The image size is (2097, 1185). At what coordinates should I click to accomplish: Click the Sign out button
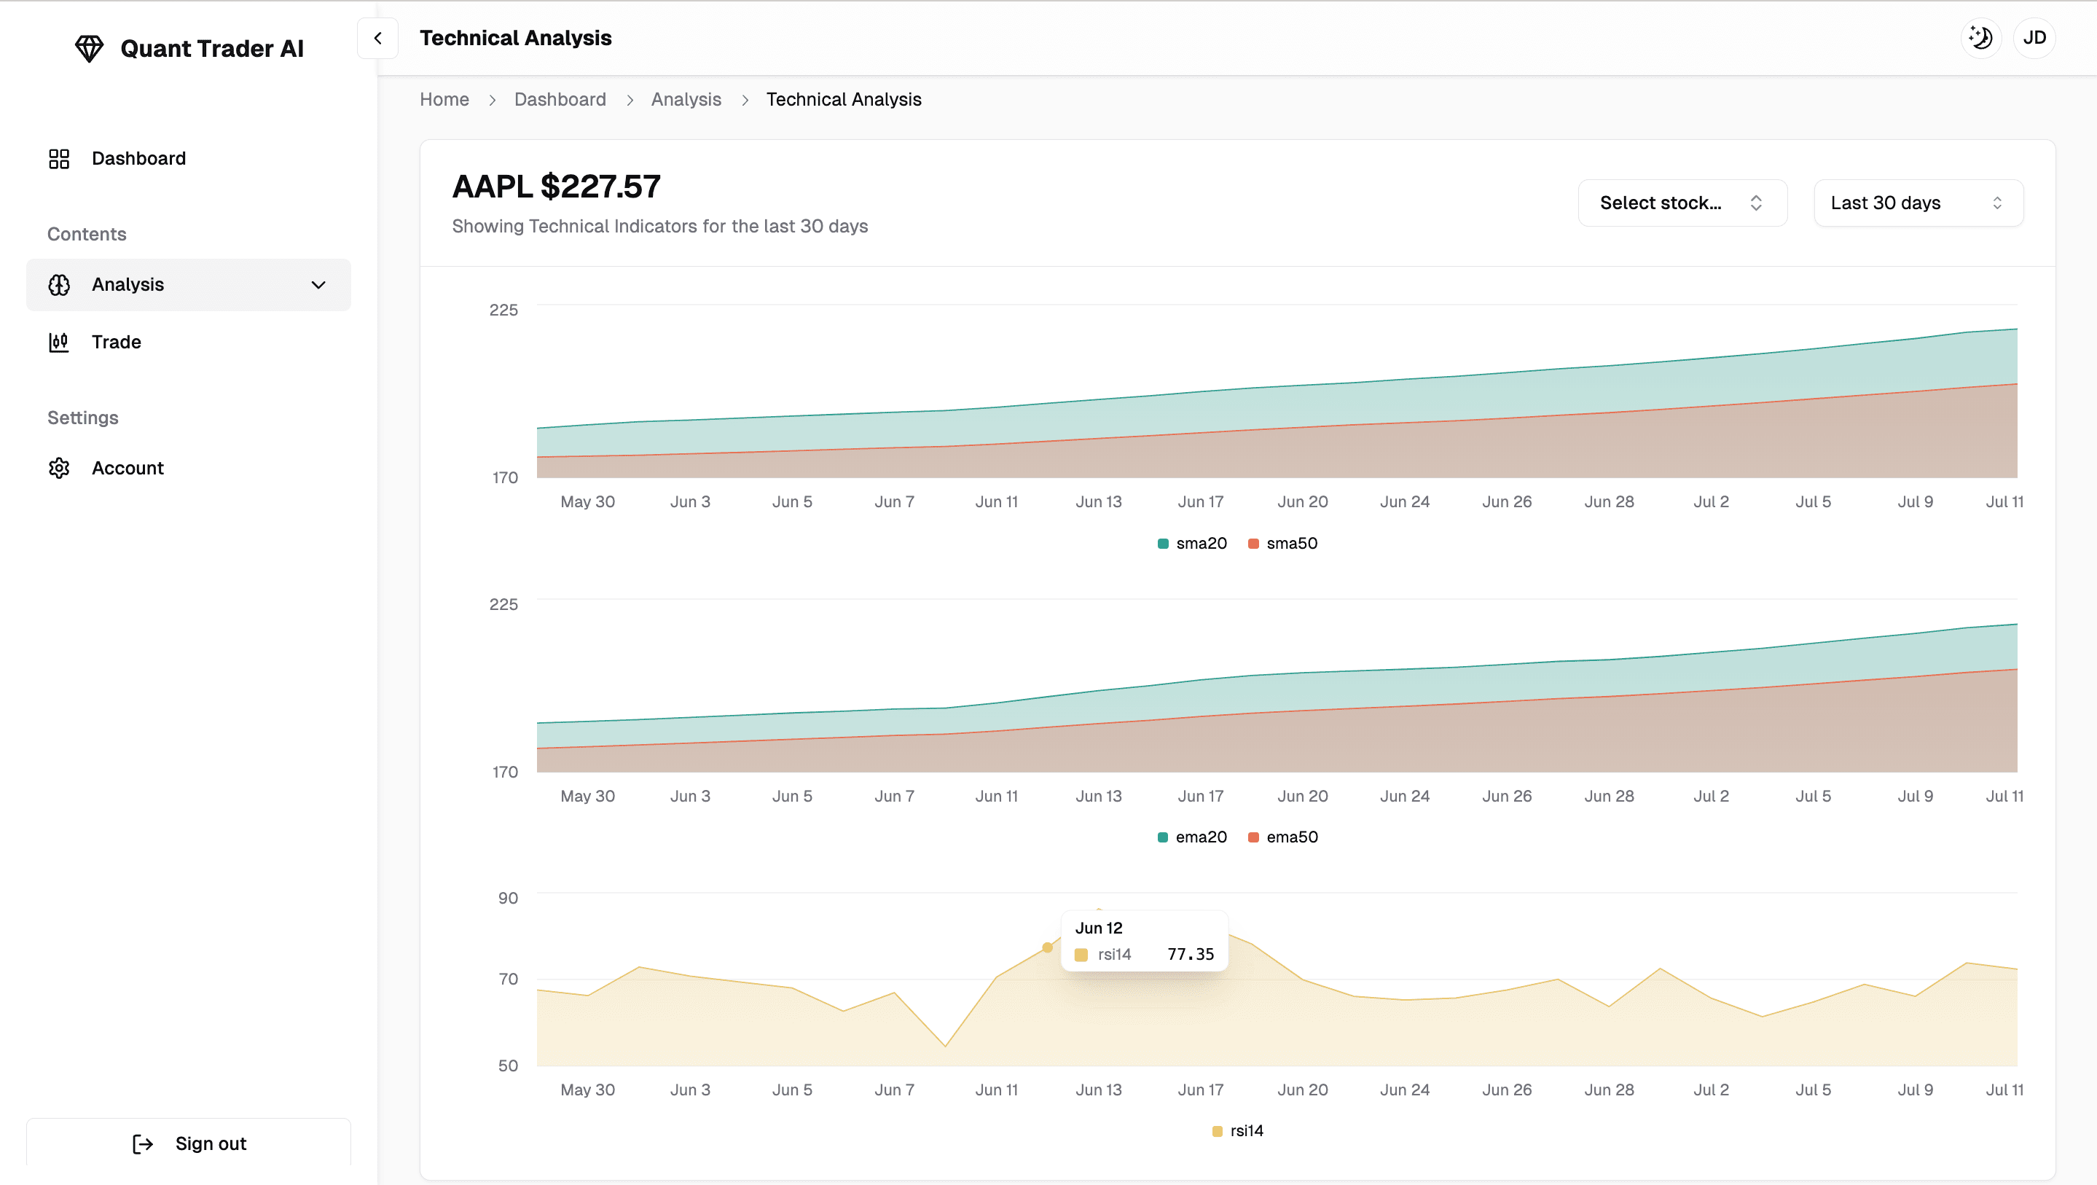(189, 1143)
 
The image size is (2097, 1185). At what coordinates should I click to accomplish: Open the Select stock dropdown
(1681, 203)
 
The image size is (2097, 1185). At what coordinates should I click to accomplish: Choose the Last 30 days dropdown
(1917, 203)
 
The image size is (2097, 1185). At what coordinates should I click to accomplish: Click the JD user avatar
(2034, 37)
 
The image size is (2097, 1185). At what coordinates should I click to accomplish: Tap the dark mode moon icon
(1980, 37)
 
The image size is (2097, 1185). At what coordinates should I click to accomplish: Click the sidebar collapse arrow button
(377, 39)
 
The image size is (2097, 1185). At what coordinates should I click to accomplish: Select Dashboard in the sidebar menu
(138, 158)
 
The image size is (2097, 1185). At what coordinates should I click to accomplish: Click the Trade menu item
(116, 342)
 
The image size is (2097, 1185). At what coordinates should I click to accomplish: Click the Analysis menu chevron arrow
(318, 285)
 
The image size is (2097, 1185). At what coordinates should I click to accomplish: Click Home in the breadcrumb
(444, 99)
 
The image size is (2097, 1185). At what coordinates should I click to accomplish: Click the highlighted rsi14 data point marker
(1048, 947)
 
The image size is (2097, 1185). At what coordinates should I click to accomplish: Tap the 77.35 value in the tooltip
(1190, 955)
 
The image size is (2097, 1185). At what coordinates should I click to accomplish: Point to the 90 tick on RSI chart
(508, 898)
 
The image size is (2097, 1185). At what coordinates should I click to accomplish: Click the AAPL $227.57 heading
(556, 187)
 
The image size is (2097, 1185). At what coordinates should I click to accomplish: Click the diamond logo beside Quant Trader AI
(89, 49)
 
